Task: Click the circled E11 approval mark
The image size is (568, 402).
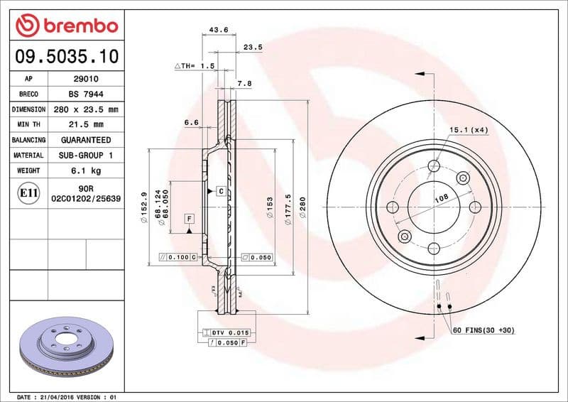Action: click(28, 193)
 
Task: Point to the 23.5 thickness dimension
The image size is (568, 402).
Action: click(253, 48)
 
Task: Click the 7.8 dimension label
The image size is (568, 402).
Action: click(244, 84)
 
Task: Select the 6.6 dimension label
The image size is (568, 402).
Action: click(191, 123)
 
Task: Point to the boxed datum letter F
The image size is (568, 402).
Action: click(190, 219)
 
